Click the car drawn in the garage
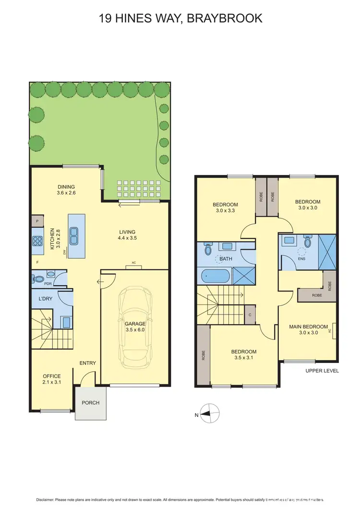pyautogui.click(x=135, y=327)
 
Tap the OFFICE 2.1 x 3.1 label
pyautogui.click(x=51, y=379)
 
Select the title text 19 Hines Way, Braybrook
pyautogui.click(x=180, y=19)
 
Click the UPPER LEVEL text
pyautogui.click(x=322, y=371)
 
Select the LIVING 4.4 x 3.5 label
pyautogui.click(x=127, y=235)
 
